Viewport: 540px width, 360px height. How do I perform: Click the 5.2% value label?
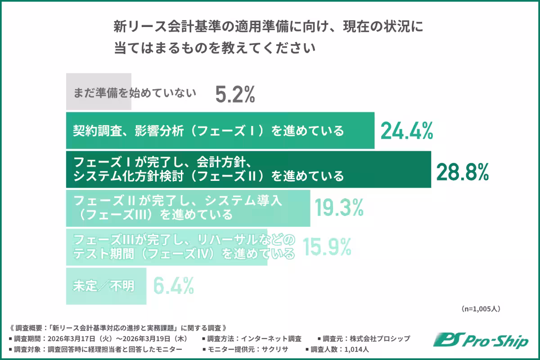(x=235, y=94)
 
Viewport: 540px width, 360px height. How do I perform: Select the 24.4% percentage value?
(x=406, y=131)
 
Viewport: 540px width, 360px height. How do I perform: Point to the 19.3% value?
(x=339, y=208)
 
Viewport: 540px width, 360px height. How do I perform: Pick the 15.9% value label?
(x=327, y=247)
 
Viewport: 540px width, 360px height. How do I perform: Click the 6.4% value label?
(x=174, y=285)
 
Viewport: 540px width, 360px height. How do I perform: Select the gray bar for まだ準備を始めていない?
(x=99, y=92)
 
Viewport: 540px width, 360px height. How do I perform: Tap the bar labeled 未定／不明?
(x=106, y=286)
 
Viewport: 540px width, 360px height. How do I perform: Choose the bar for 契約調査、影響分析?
(x=220, y=130)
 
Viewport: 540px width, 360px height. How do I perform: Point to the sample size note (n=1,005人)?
(x=481, y=309)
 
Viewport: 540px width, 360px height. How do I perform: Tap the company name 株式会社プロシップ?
(x=378, y=338)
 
